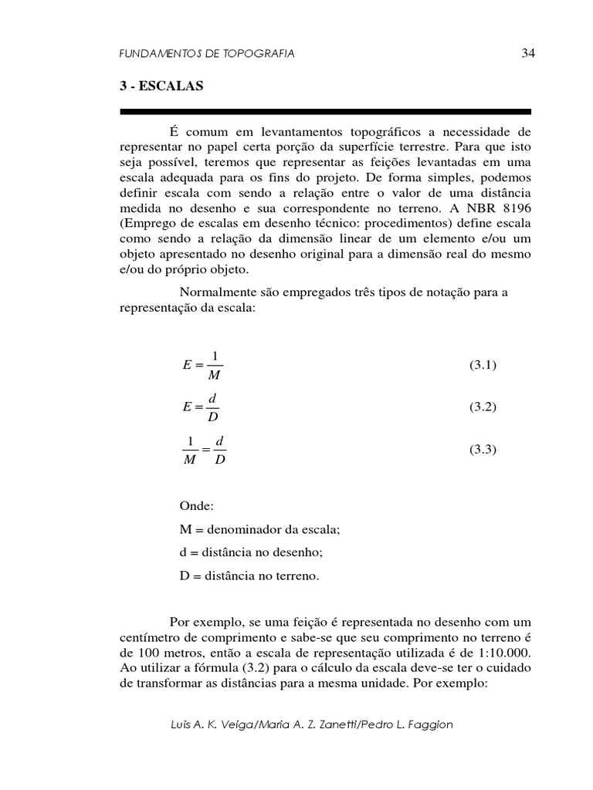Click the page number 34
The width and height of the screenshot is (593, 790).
pos(528,53)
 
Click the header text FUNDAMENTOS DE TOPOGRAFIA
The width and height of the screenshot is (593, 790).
pos(208,53)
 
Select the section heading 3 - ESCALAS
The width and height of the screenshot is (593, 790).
pos(161,86)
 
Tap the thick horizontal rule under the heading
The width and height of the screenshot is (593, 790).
pos(325,112)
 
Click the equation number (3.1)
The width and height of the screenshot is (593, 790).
pos(483,365)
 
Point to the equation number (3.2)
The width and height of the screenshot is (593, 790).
pos(483,407)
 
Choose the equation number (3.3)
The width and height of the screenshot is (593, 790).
pos(483,448)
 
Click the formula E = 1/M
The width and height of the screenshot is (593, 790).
pos(203,365)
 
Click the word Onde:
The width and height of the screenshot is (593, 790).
pos(197,506)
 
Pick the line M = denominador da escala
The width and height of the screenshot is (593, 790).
pos(259,529)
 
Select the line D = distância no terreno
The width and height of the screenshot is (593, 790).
pos(249,576)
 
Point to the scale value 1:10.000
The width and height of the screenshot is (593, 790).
pos(497,652)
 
